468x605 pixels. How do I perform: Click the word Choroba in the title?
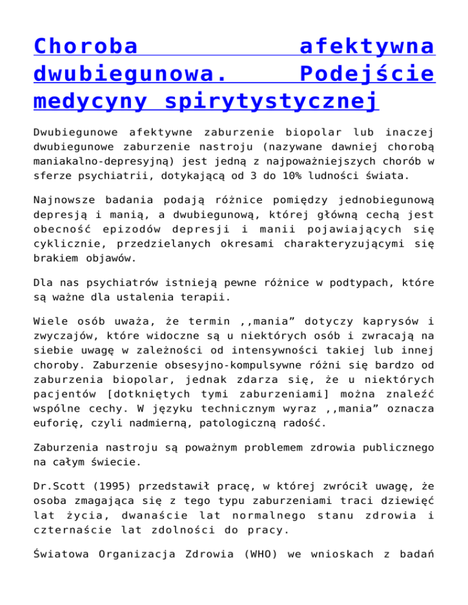point(85,46)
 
